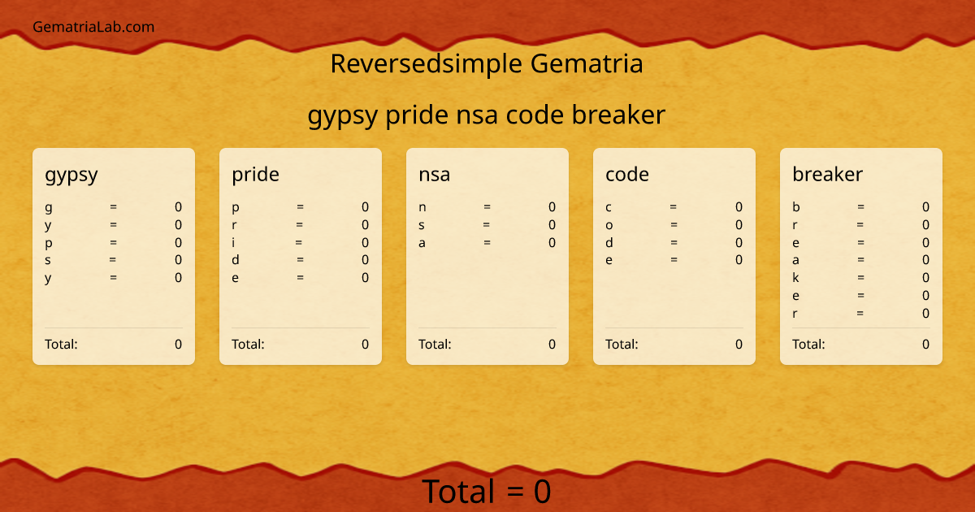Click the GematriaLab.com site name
[93, 27]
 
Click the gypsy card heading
[71, 175]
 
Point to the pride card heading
[255, 174]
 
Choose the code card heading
[626, 174]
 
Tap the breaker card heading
[827, 174]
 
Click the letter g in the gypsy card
[49, 208]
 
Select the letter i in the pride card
[234, 242]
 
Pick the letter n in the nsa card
[422, 207]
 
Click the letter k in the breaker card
[796, 278]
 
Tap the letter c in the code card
[609, 207]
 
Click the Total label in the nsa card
[435, 344]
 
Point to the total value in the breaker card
[925, 344]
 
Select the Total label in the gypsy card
[61, 344]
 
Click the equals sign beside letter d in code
[674, 242]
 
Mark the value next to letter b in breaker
[925, 207]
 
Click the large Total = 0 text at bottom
[487, 492]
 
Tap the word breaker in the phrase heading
[618, 115]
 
